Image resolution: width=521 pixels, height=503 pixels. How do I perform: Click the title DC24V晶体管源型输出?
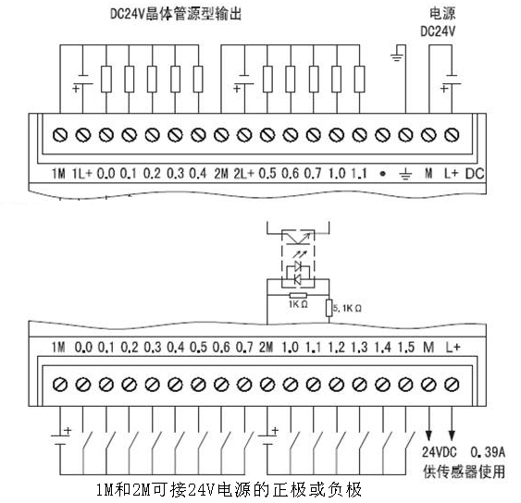pos(176,14)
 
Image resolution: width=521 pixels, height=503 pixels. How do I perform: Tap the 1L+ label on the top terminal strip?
pos(81,173)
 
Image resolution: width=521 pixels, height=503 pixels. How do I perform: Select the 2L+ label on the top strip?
pos(243,173)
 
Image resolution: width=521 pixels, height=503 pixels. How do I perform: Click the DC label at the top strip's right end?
pos(475,174)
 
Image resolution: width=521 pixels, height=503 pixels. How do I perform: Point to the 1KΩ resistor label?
pos(298,304)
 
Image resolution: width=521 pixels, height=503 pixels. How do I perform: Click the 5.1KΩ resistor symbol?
pos(329,308)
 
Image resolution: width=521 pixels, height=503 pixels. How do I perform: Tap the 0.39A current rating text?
pos(488,452)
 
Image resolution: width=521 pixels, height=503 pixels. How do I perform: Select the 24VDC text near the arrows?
pos(439,452)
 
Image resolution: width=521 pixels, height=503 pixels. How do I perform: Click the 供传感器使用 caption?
pos(465,472)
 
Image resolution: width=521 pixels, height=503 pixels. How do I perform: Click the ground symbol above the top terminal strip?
pos(397,56)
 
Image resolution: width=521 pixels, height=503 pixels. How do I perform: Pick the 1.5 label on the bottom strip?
pos(405,348)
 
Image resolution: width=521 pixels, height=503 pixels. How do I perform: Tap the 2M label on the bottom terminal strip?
pos(266,348)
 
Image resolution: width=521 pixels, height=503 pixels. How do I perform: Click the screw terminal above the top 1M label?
pos(60,135)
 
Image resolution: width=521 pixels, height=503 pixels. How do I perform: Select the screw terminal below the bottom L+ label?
pos(452,385)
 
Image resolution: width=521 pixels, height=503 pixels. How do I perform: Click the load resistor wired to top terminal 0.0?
pos(106,79)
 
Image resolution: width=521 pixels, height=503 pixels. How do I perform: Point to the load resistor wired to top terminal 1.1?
pos(359,79)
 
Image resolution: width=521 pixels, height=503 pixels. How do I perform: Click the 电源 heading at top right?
pos(442,14)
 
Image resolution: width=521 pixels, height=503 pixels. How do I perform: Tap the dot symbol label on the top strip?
pos(382,174)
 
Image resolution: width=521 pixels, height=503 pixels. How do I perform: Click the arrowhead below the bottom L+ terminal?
pos(452,435)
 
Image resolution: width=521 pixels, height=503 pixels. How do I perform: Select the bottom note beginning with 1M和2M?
pos(229,490)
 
